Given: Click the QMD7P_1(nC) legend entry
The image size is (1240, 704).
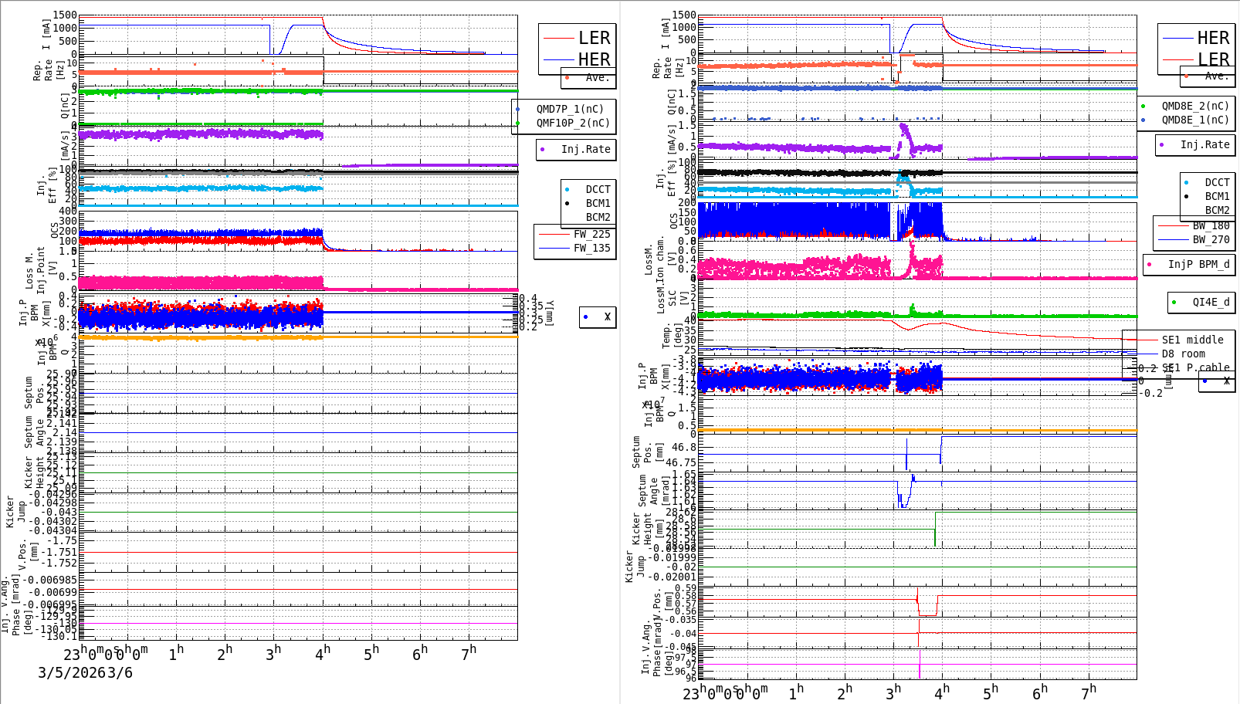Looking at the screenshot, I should [570, 109].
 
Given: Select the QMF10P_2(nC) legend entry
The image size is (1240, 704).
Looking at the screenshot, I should [573, 123].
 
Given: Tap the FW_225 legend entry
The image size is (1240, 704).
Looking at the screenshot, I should [591, 234].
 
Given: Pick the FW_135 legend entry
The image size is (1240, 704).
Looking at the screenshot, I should [591, 248].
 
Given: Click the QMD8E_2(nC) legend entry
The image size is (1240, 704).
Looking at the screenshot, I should [1194, 106].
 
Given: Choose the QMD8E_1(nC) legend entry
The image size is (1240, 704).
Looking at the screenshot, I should [1194, 120].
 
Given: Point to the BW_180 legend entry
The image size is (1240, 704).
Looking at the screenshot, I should [1211, 225].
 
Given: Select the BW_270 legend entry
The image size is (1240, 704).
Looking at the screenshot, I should [1211, 239].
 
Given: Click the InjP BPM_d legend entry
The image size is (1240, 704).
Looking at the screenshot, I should [1198, 264].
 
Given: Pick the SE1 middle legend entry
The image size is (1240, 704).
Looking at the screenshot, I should [1192, 340].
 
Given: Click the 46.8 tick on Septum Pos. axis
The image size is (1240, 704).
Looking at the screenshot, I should [683, 447].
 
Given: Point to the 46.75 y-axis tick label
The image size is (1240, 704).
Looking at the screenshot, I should [680, 463].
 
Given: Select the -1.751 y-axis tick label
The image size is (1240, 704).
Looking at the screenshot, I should [61, 552].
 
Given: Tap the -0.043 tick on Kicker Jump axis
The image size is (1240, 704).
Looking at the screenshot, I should [59, 512].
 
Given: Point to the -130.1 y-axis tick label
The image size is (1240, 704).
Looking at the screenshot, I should [59, 636].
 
